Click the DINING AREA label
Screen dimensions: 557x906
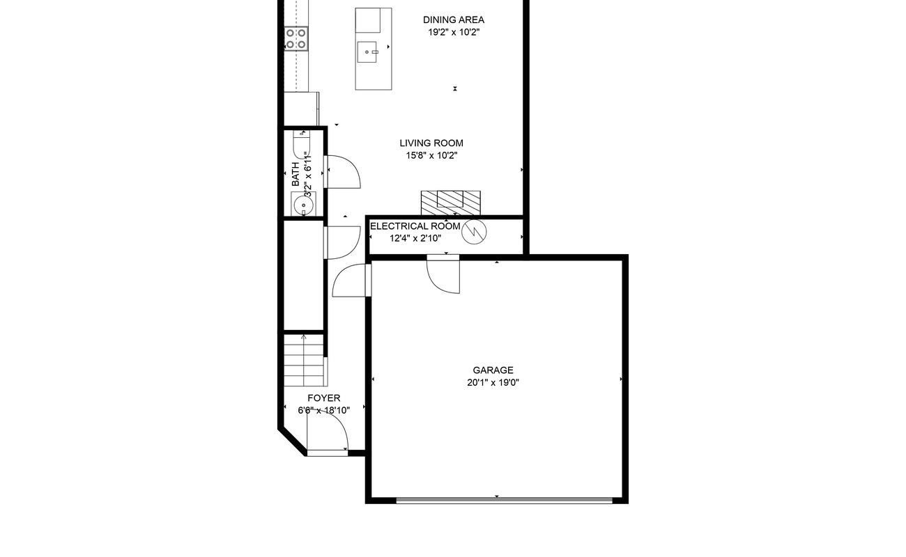tap(454, 20)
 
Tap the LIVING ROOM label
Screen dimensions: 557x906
tap(431, 143)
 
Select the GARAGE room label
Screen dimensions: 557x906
tap(493, 370)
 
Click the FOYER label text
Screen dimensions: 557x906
tap(324, 398)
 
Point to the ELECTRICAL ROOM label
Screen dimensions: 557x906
tap(415, 226)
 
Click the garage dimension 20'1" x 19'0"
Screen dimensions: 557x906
tap(493, 382)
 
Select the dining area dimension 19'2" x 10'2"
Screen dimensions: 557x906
tap(454, 32)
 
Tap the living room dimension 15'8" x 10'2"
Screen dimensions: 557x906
tap(431, 156)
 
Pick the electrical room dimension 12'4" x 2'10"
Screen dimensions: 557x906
tap(415, 238)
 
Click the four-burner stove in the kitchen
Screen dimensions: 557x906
tap(296, 38)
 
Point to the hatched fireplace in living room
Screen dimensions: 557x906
tap(451, 202)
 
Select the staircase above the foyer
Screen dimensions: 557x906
tap(305, 361)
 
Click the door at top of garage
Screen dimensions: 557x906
tap(444, 275)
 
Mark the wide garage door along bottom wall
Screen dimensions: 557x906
tap(504, 499)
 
